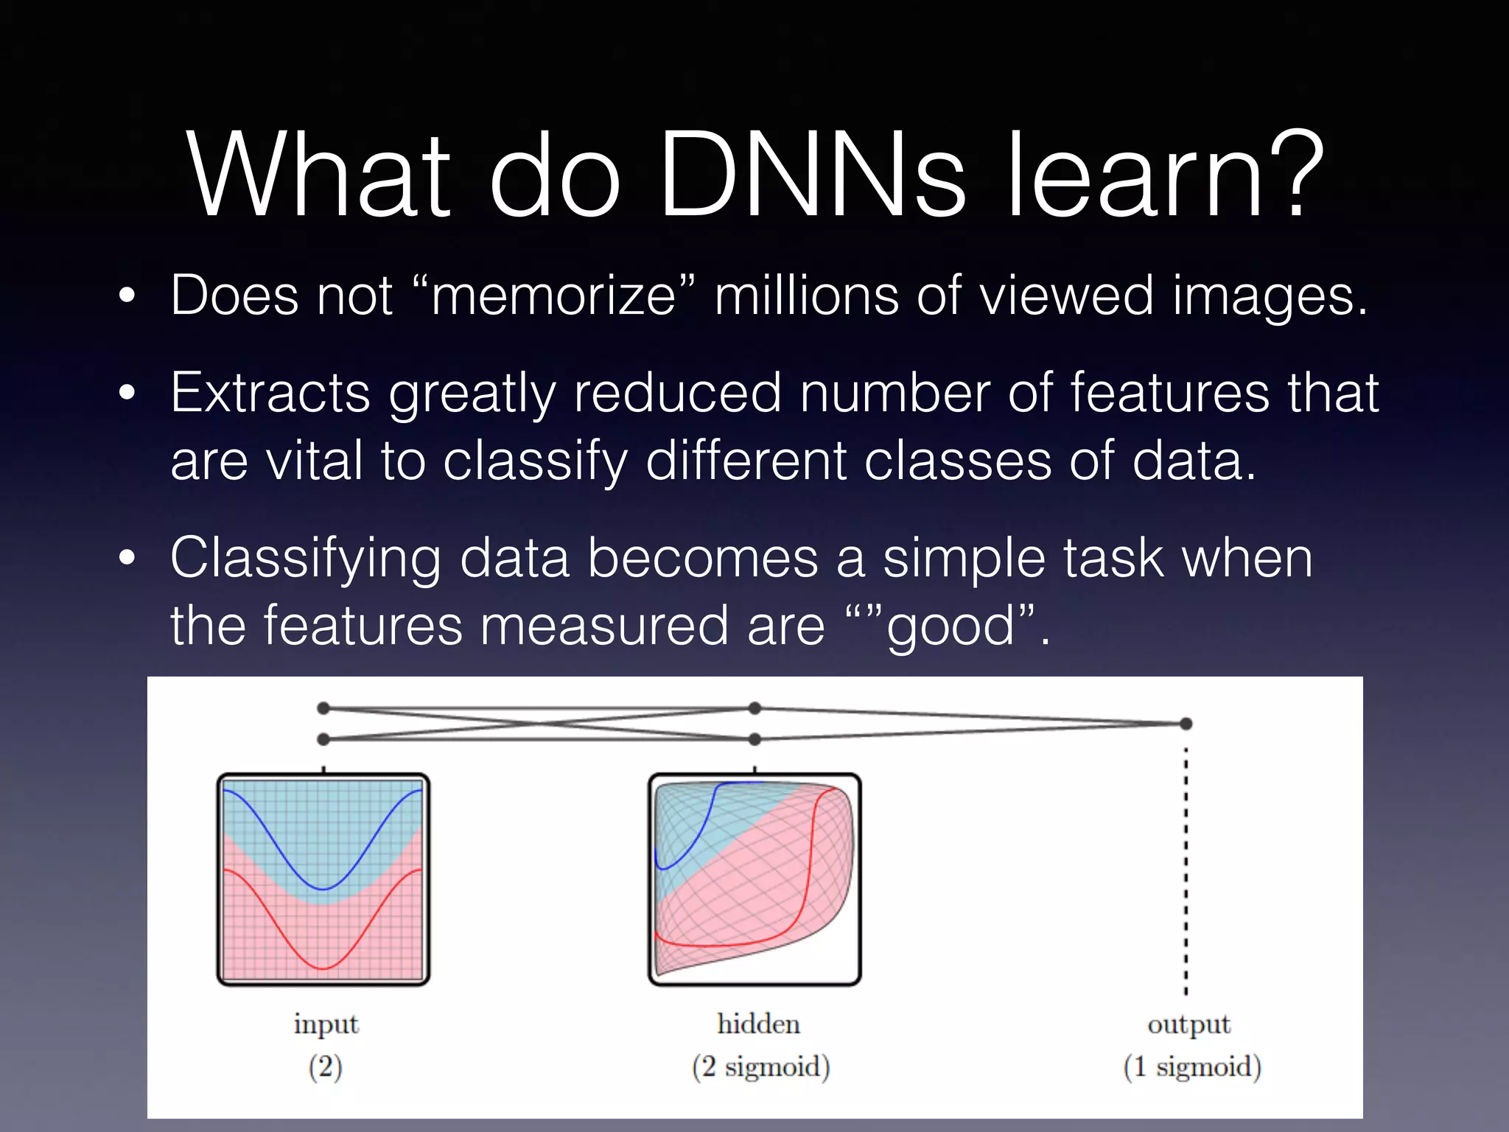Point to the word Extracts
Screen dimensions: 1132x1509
pyautogui.click(x=270, y=394)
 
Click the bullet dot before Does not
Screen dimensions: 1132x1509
pyautogui.click(x=127, y=296)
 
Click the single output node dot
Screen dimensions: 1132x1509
pyautogui.click(x=1186, y=724)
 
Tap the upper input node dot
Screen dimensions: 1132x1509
pyautogui.click(x=323, y=708)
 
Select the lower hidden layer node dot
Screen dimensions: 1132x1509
pyautogui.click(x=754, y=738)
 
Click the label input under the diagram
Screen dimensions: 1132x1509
pyautogui.click(x=326, y=1024)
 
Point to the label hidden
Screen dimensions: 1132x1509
pyautogui.click(x=758, y=1024)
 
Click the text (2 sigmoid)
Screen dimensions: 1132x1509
pyautogui.click(x=760, y=1067)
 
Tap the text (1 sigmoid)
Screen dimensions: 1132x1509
pyautogui.click(x=1192, y=1067)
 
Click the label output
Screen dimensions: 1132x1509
pyautogui.click(x=1188, y=1025)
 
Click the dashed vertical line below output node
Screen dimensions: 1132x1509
pyautogui.click(x=1186, y=870)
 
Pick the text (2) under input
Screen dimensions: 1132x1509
pyautogui.click(x=325, y=1067)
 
